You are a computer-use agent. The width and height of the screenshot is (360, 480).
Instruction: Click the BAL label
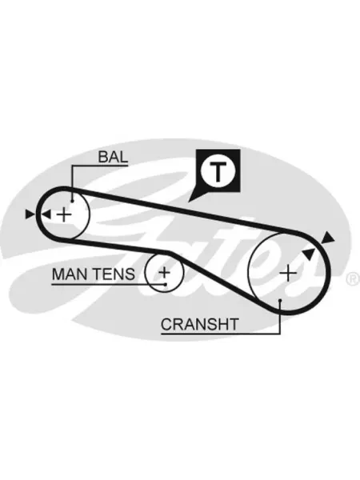tap(113, 157)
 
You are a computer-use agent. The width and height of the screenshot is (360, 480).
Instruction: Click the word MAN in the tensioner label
tap(68, 274)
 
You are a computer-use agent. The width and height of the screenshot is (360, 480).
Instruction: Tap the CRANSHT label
tap(199, 325)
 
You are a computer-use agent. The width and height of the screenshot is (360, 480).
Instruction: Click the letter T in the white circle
tap(218, 172)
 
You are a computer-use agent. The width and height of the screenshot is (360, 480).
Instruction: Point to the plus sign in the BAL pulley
tap(64, 214)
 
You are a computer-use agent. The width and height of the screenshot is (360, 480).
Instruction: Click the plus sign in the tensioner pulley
tap(164, 272)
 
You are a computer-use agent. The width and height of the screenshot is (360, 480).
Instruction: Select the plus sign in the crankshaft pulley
tap(288, 274)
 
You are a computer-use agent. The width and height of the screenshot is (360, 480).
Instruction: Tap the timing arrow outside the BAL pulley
tap(30, 214)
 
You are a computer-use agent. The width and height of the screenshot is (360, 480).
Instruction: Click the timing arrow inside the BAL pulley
tap(46, 214)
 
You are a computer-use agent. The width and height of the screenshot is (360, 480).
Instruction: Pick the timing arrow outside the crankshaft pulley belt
tap(328, 238)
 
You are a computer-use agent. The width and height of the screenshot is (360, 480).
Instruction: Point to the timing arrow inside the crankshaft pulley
tap(309, 254)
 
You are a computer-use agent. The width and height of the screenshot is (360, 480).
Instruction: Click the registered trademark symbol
tap(352, 279)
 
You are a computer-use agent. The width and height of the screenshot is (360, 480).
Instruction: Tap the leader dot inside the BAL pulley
tap(72, 201)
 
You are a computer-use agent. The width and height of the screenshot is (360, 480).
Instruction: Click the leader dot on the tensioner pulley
tap(166, 284)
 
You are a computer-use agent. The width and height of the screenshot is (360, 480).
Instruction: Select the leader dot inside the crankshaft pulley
tap(280, 301)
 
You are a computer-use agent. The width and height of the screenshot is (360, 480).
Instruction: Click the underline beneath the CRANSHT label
tap(221, 334)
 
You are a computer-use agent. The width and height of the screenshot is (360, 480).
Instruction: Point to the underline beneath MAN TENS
tap(109, 284)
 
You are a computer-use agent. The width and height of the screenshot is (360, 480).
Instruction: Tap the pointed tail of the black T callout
tap(189, 202)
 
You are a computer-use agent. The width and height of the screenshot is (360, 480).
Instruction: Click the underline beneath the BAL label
tap(100, 166)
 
